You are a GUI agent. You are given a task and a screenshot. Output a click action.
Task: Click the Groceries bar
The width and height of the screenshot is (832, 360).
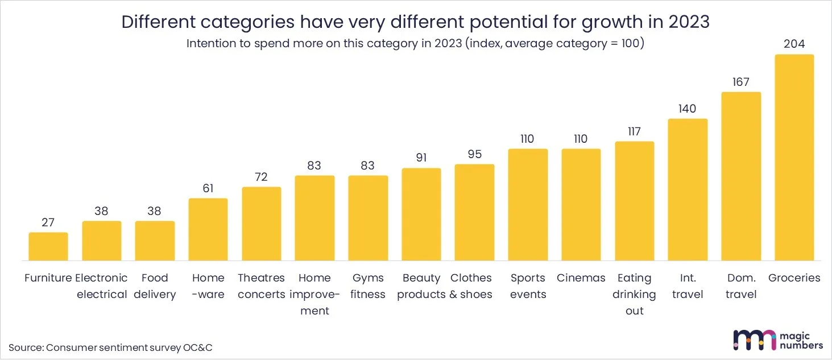(794, 158)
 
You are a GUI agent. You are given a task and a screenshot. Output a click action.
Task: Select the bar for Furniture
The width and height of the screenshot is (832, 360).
(48, 246)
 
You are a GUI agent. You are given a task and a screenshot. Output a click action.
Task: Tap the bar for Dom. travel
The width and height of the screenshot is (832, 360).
(741, 176)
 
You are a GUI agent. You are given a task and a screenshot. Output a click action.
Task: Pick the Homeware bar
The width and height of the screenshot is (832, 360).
(208, 229)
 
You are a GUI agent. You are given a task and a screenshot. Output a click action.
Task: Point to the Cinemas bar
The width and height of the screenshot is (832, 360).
(581, 205)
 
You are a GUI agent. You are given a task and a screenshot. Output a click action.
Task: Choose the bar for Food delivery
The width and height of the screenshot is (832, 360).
(155, 241)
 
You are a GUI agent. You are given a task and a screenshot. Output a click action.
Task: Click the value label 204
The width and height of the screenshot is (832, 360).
(794, 44)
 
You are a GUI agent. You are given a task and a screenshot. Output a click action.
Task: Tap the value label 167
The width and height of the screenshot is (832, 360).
(741, 82)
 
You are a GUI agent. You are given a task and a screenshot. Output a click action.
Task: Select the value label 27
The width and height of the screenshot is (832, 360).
(48, 222)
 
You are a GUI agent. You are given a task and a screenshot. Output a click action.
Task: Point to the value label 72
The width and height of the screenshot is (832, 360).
(262, 177)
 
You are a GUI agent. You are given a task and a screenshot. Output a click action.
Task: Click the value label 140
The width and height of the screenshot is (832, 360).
(688, 109)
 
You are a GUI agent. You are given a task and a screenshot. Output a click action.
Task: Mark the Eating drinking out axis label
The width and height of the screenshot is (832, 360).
(634, 294)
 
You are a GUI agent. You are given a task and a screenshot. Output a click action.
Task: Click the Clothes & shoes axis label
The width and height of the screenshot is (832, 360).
(471, 286)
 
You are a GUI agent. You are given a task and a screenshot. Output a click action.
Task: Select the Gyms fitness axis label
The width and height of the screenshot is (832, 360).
(368, 286)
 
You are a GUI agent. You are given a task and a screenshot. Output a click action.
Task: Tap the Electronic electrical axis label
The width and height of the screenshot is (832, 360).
(101, 286)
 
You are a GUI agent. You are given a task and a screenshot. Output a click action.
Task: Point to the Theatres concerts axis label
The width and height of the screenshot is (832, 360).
(261, 286)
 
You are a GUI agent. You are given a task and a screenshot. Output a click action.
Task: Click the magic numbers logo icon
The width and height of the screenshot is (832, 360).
(754, 340)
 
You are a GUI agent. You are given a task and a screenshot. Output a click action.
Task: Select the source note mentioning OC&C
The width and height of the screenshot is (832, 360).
(111, 347)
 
